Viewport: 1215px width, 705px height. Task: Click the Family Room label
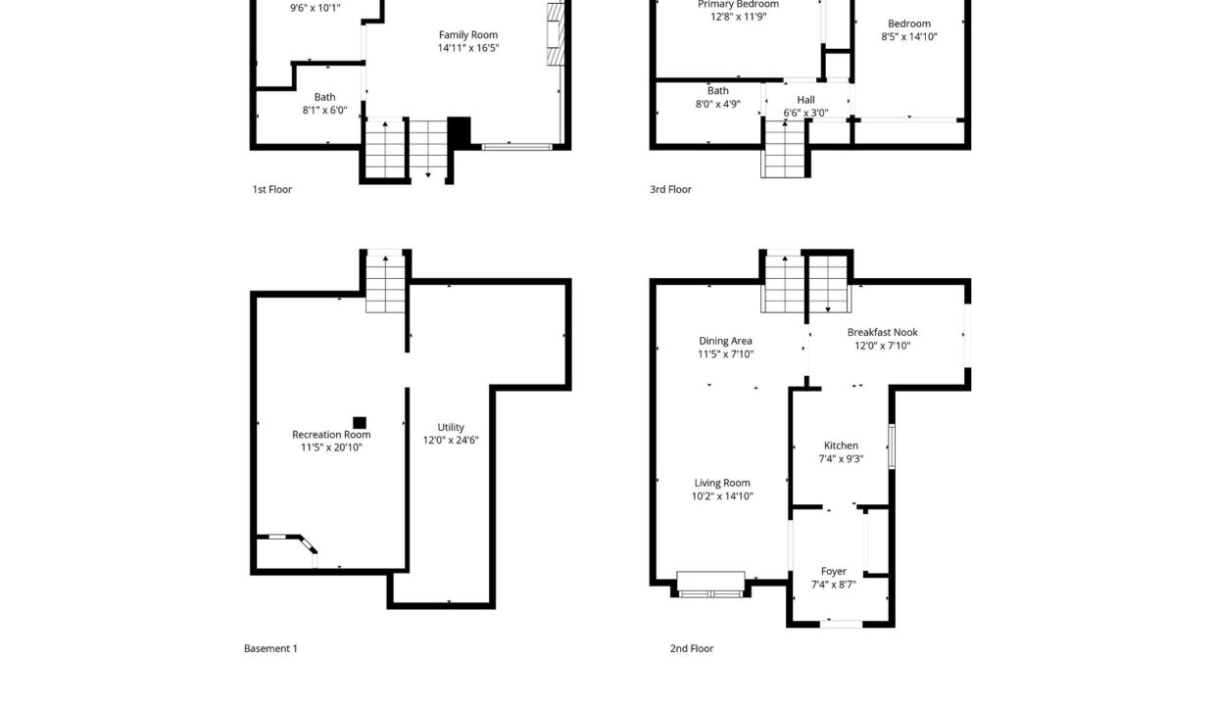click(468, 34)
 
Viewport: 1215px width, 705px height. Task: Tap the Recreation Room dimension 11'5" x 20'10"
click(331, 447)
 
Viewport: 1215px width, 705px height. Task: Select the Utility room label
click(451, 427)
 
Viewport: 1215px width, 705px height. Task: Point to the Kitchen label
click(841, 446)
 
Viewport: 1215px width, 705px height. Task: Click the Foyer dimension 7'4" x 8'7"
click(833, 585)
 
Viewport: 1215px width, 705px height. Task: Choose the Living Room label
click(722, 483)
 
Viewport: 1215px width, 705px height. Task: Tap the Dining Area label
click(725, 341)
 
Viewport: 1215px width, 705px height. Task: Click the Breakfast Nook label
click(883, 332)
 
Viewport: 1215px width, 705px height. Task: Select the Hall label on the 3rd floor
click(805, 100)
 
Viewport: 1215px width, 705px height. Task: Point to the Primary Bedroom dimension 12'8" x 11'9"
click(738, 17)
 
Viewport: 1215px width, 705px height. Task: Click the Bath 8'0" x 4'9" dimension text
click(717, 104)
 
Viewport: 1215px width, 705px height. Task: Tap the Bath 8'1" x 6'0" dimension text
click(324, 110)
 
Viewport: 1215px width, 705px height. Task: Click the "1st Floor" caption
click(271, 189)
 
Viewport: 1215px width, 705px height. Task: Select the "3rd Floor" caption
click(670, 189)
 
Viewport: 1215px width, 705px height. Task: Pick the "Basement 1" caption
click(270, 648)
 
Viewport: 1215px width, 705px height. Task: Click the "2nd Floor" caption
click(692, 648)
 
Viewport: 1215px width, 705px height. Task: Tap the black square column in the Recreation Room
click(360, 423)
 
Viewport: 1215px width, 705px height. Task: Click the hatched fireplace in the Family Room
click(556, 34)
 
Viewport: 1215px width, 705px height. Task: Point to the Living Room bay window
click(710, 585)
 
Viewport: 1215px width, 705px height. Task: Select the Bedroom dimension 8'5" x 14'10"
click(909, 36)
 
